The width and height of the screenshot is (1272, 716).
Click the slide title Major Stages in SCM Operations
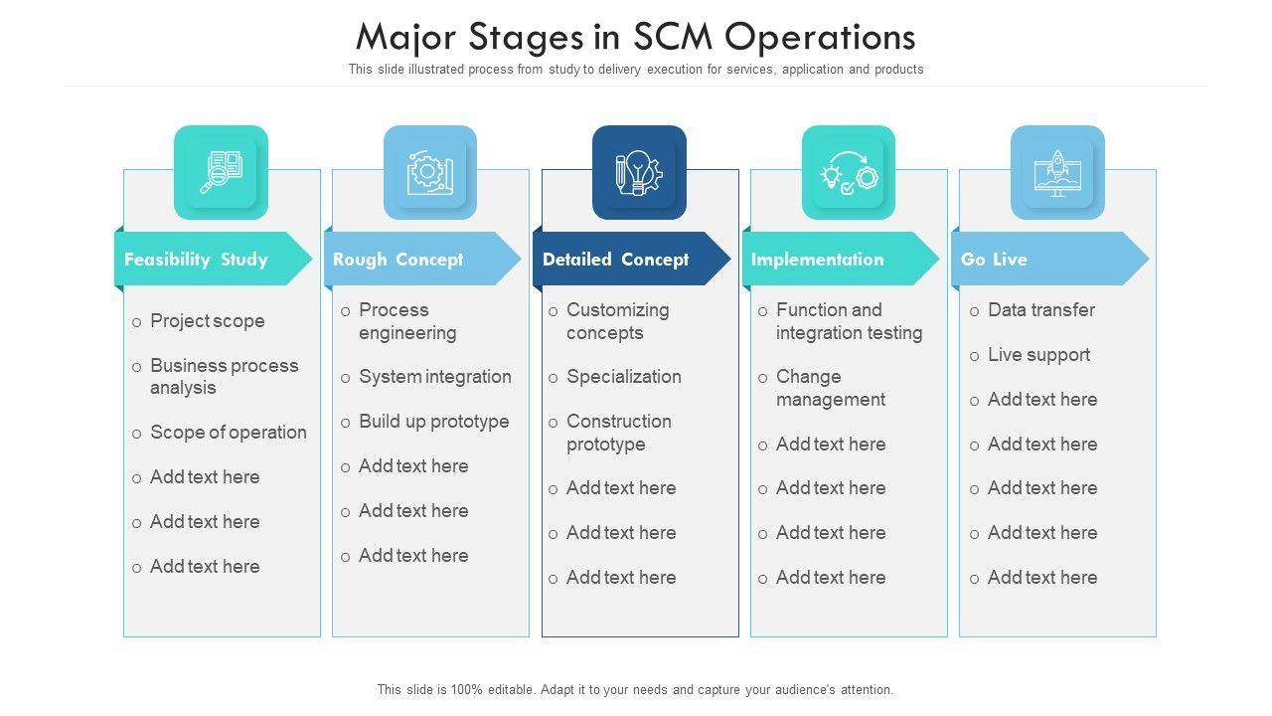[636, 38]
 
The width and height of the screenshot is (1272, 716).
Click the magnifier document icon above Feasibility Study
[221, 172]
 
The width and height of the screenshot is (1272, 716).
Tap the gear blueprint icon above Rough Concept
[430, 172]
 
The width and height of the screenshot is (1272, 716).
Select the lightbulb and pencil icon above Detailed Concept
[639, 172]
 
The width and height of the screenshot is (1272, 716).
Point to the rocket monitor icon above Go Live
[1057, 172]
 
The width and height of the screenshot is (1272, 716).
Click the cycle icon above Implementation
[848, 172]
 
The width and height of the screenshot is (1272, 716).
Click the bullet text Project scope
[207, 321]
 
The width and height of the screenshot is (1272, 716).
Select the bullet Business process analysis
[224, 377]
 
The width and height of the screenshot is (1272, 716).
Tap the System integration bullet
[434, 377]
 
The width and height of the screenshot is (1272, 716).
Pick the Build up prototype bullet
[433, 422]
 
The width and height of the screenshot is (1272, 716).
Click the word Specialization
[623, 377]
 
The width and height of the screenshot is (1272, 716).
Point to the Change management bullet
[830, 388]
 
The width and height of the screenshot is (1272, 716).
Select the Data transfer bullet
[1040, 310]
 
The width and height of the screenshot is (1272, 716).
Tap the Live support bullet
[1038, 355]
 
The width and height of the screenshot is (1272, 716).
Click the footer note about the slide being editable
[636, 689]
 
